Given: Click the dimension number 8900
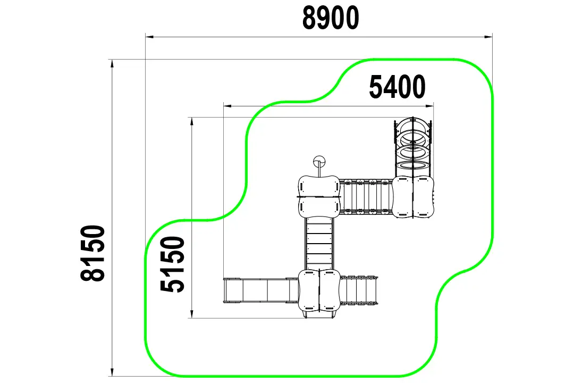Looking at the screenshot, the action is click(331, 18).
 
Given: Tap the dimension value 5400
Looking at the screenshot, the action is click(397, 87).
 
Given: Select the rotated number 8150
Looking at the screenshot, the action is click(93, 253).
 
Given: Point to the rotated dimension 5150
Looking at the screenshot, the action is click(172, 264).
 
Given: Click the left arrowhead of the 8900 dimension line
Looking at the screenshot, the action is click(150, 37).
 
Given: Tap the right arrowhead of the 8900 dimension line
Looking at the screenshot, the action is click(488, 37).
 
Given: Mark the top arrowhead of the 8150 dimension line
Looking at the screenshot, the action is click(112, 64).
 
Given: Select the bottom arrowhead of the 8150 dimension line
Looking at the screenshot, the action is click(112, 371).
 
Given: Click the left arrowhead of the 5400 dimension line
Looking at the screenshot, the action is click(227, 106).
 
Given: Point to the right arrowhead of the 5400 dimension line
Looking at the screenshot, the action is click(429, 106).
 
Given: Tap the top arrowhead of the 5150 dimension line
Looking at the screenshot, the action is click(191, 122).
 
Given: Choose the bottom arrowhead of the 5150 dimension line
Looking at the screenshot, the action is click(191, 313).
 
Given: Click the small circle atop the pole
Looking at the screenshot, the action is click(319, 161).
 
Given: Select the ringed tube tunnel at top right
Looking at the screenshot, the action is click(413, 147).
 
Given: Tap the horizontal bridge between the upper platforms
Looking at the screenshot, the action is click(366, 197).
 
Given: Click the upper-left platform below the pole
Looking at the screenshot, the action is click(319, 197).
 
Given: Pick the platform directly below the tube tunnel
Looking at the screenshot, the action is click(413, 197).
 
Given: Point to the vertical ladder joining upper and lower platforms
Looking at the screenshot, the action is click(319, 244).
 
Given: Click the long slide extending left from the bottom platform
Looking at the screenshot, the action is click(261, 290).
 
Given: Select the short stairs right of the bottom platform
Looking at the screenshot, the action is click(358, 290).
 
